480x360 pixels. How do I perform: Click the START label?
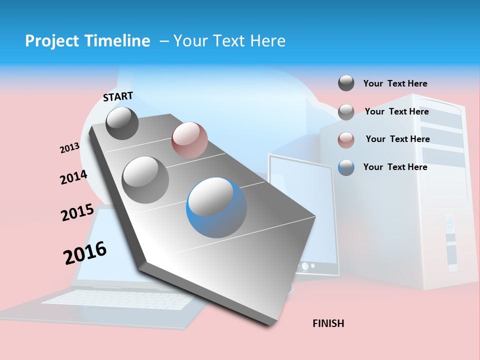click(x=118, y=96)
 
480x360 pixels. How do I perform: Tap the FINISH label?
click(x=328, y=323)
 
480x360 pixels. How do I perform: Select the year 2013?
click(x=69, y=148)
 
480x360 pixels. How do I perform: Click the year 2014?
click(x=73, y=177)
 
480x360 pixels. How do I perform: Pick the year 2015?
click(x=77, y=212)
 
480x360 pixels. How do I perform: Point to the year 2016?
click(x=85, y=252)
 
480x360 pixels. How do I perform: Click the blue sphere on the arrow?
click(x=216, y=207)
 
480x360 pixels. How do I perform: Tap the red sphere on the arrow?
click(x=189, y=139)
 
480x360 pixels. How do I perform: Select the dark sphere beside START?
click(x=122, y=123)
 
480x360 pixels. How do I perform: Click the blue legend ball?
click(x=346, y=167)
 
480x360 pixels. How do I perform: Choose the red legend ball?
click(x=346, y=140)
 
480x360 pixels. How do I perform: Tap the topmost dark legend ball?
click(x=346, y=83)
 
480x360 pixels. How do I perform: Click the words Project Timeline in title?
click(x=87, y=41)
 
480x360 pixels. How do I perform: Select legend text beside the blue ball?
click(x=395, y=167)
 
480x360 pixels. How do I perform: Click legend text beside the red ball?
click(x=397, y=139)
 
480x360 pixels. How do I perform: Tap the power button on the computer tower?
click(x=449, y=223)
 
